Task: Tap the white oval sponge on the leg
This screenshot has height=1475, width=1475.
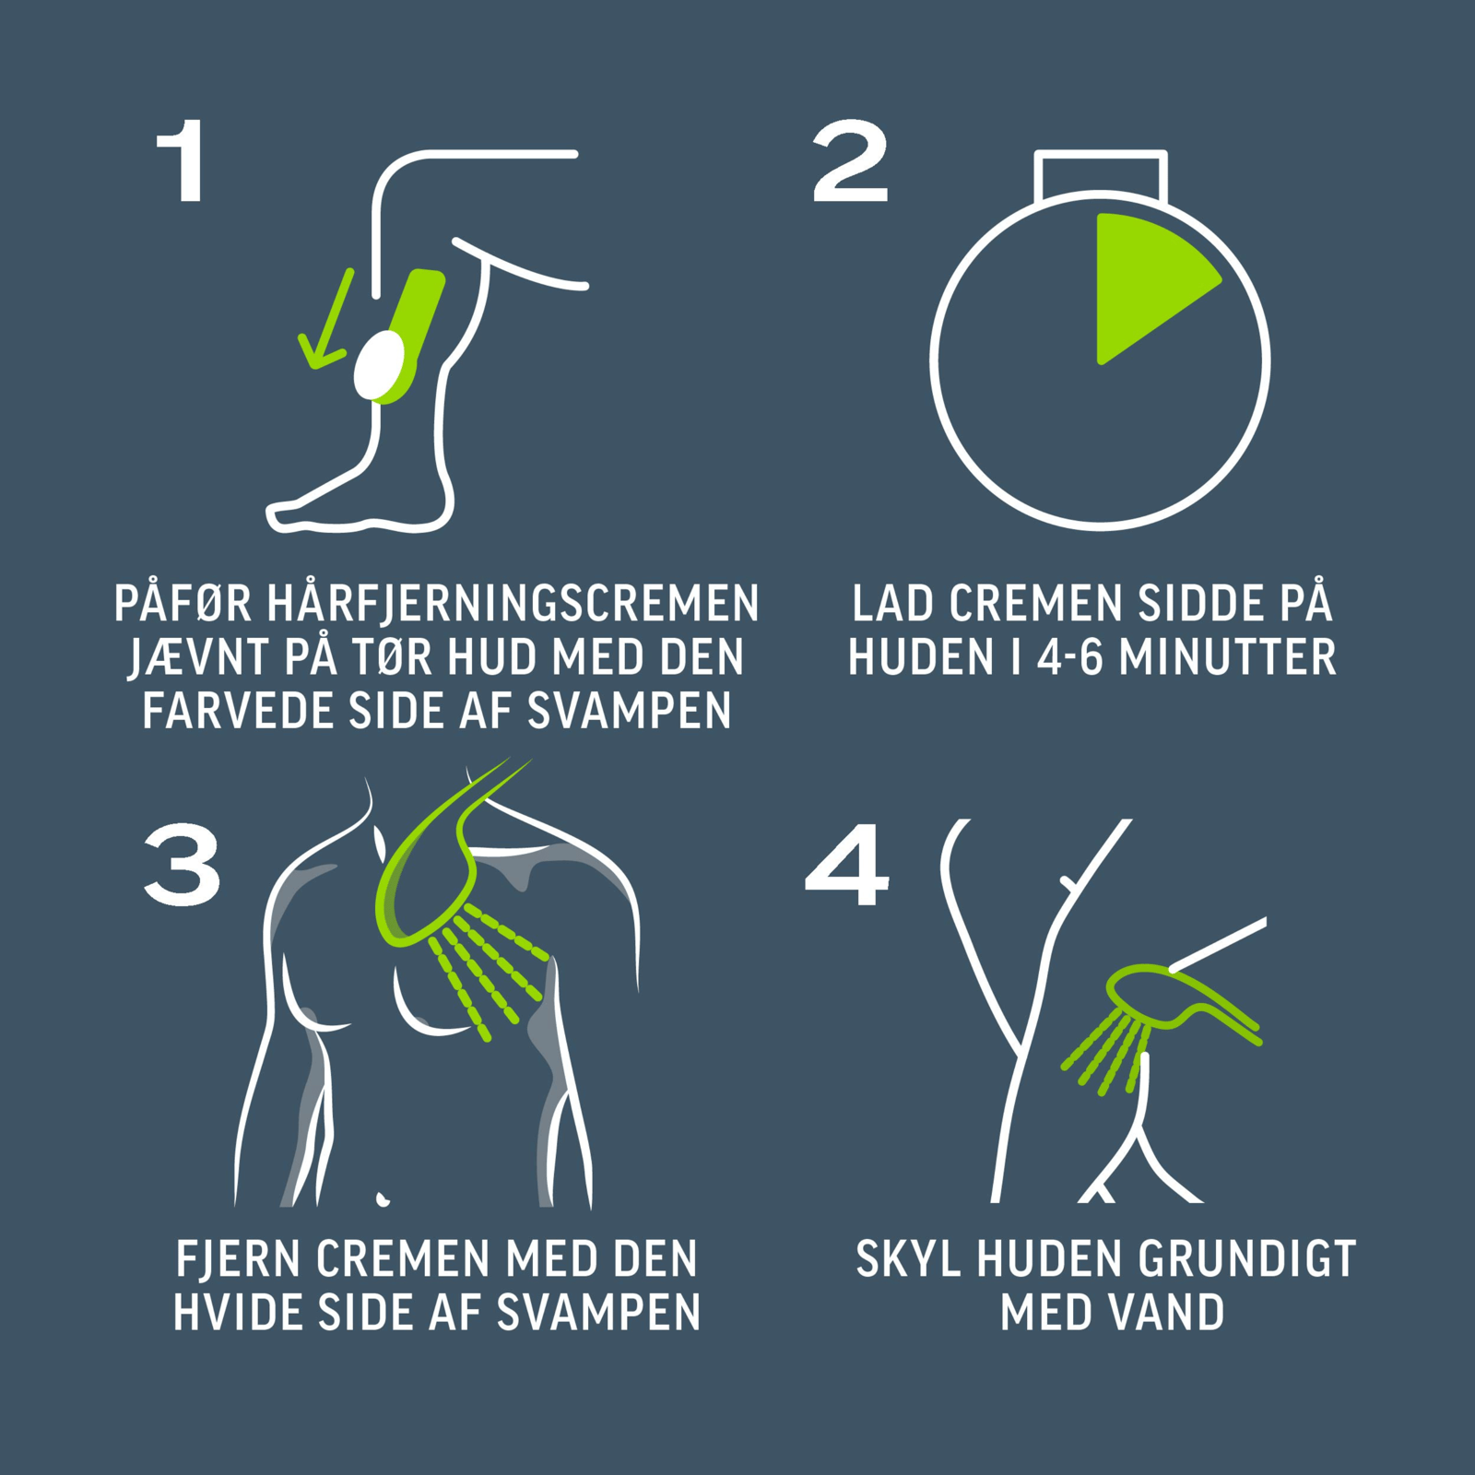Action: [379, 366]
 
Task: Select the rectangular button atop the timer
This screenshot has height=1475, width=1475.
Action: [1101, 175]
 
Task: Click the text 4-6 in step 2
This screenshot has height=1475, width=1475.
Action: [1069, 657]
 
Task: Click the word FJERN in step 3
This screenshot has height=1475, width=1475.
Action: [238, 1259]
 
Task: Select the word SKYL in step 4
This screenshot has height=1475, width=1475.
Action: [908, 1259]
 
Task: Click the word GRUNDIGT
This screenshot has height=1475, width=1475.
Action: [1247, 1259]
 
